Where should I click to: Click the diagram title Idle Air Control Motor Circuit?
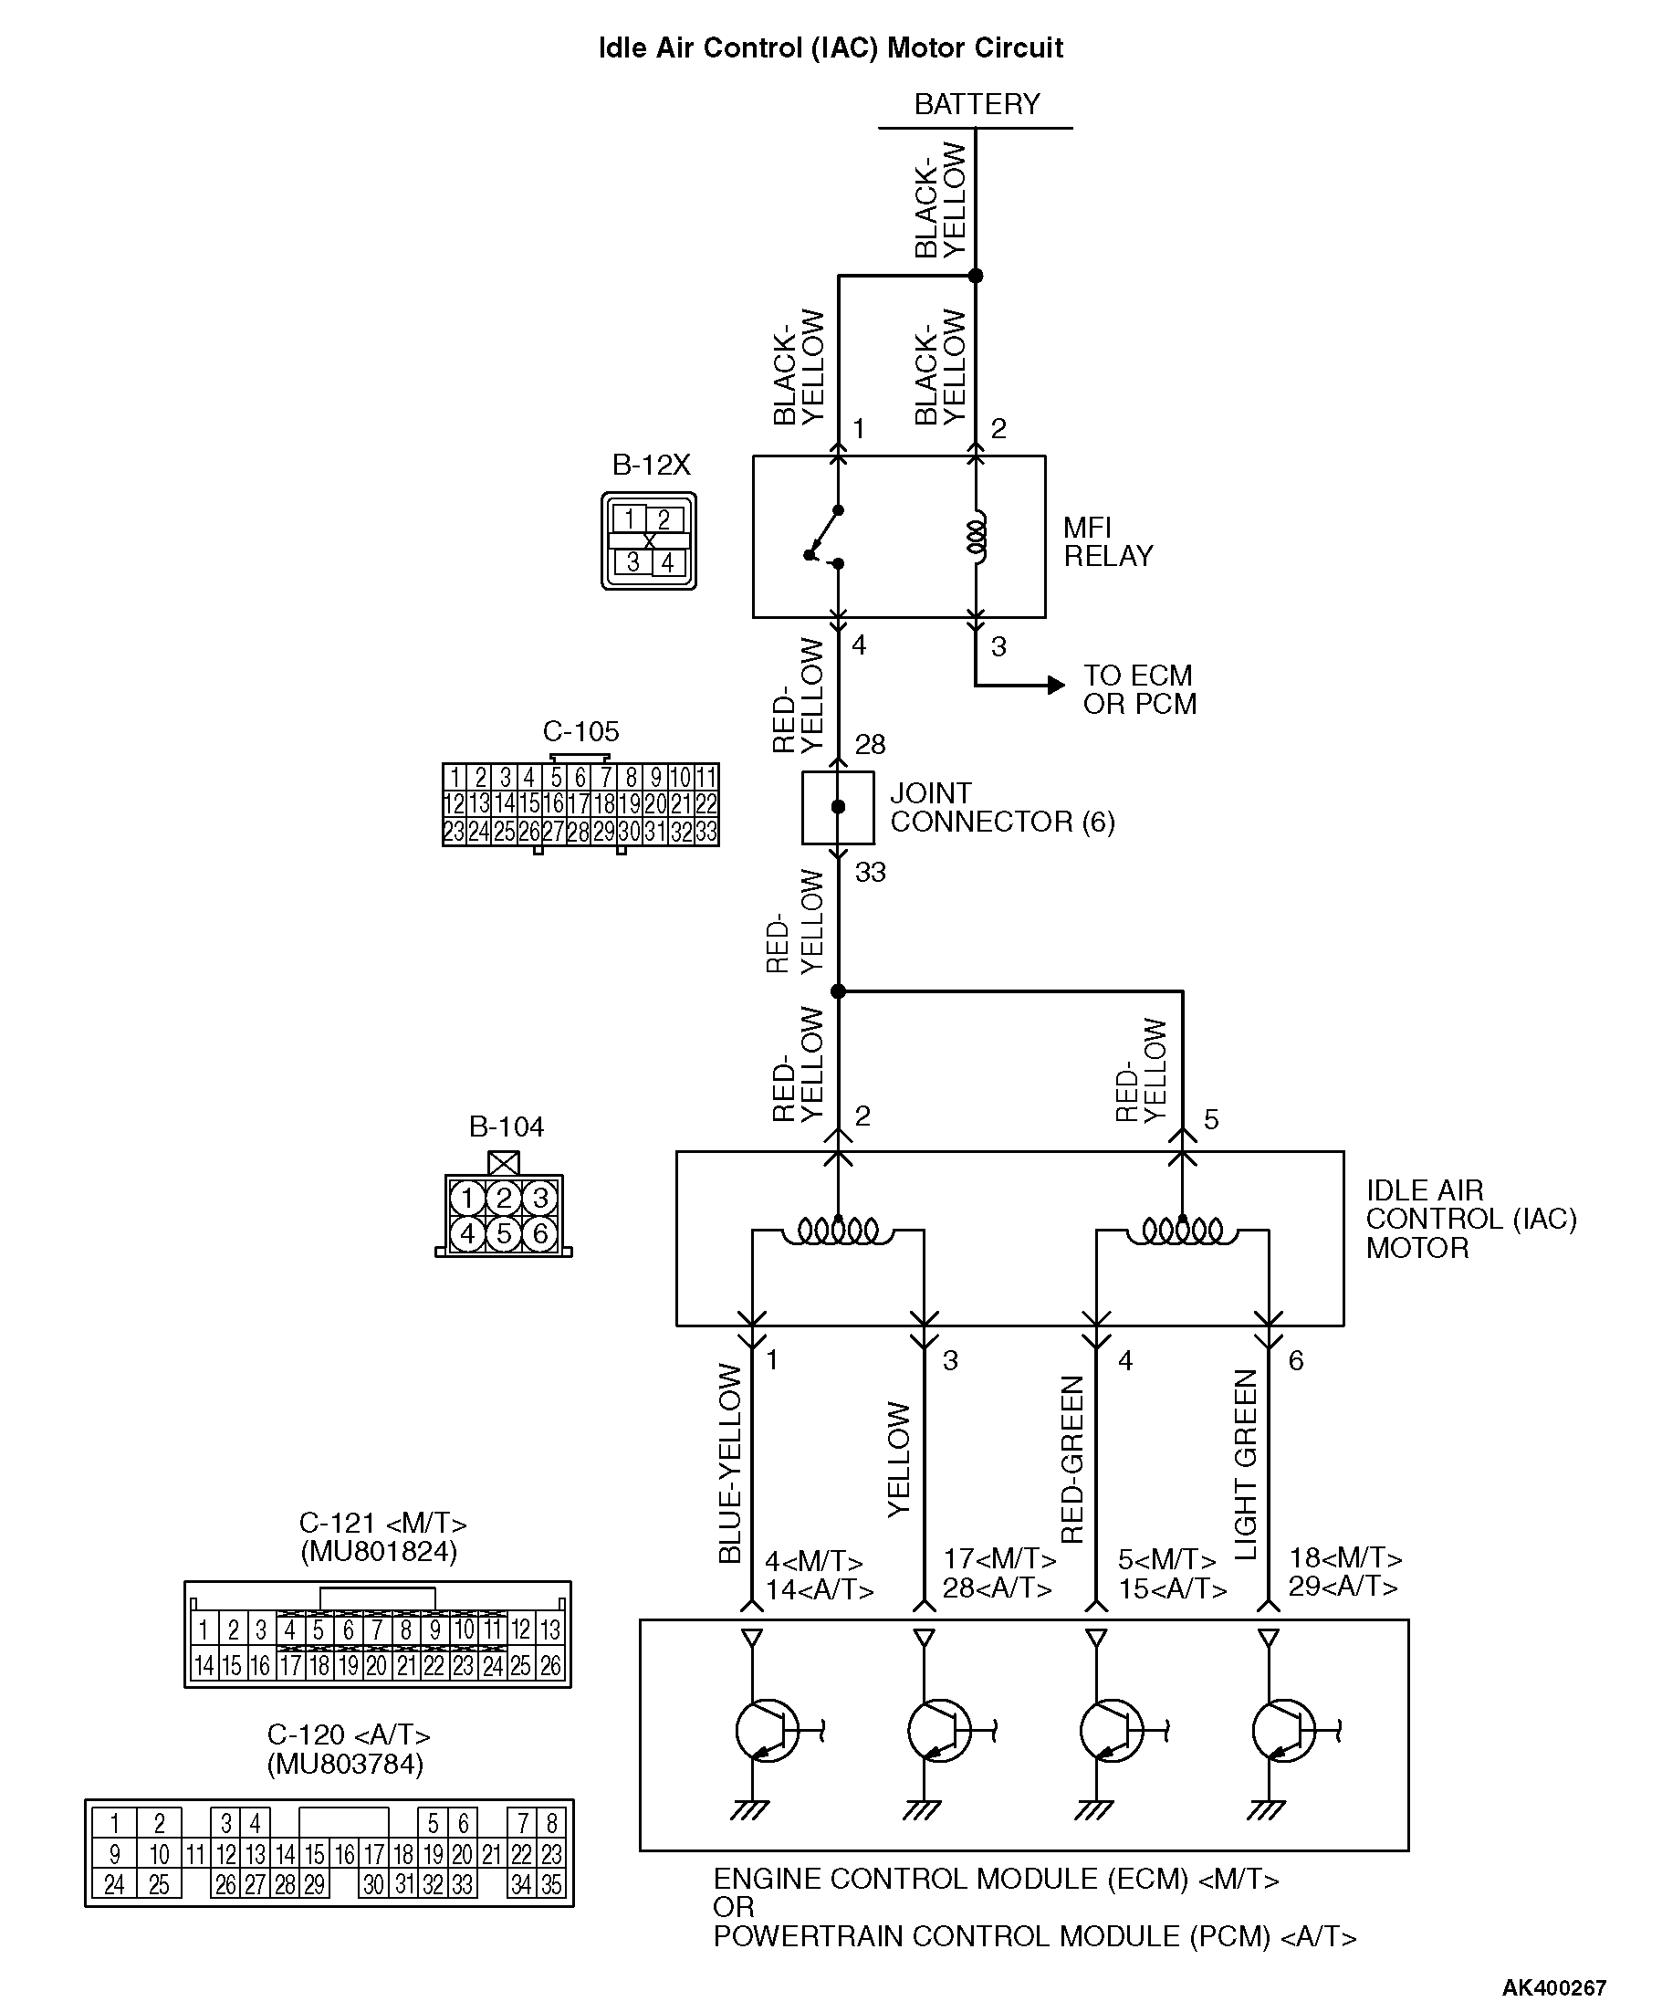830,47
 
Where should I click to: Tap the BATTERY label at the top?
977,103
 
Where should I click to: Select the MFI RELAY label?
1108,541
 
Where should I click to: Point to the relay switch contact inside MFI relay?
824,536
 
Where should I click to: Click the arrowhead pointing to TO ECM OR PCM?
1056,685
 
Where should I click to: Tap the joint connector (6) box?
838,807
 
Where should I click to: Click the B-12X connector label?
651,466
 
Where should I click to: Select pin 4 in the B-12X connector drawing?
667,563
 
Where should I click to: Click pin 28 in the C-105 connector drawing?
579,833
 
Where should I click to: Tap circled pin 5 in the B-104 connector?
504,1233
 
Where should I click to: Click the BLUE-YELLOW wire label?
730,1463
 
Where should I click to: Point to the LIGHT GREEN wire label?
1246,1464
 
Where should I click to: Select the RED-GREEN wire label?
1073,1460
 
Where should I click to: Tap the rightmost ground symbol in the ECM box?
1266,1811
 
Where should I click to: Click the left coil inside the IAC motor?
838,1231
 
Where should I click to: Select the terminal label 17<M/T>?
999,1559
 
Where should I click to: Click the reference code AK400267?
1552,1987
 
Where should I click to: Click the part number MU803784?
346,1763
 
